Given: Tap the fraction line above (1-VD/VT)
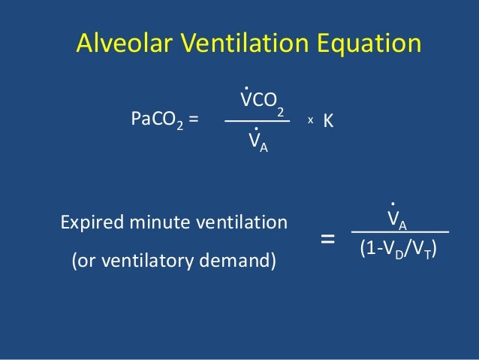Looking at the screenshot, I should coord(399,232).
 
